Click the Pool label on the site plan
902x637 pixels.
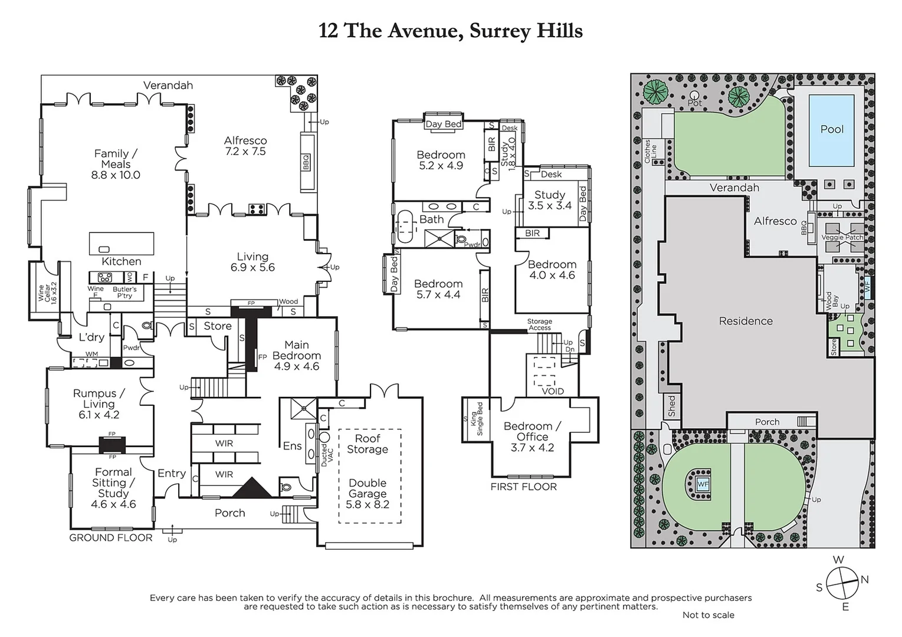point(832,129)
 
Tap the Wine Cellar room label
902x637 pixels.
point(45,292)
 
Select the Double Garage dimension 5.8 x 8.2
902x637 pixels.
point(368,504)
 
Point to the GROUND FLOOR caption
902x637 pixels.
point(111,538)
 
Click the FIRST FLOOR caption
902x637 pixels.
point(523,487)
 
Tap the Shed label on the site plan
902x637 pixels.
point(672,406)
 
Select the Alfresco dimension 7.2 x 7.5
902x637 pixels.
point(245,152)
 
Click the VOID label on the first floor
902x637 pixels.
point(552,391)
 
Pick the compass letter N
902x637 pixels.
point(864,580)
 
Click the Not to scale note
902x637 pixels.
point(708,615)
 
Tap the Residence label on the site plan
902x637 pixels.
point(746,321)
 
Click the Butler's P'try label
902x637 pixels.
point(124,293)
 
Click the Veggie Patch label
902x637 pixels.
point(842,238)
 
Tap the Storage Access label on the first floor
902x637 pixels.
point(539,325)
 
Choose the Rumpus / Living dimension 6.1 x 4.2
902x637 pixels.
point(99,415)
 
